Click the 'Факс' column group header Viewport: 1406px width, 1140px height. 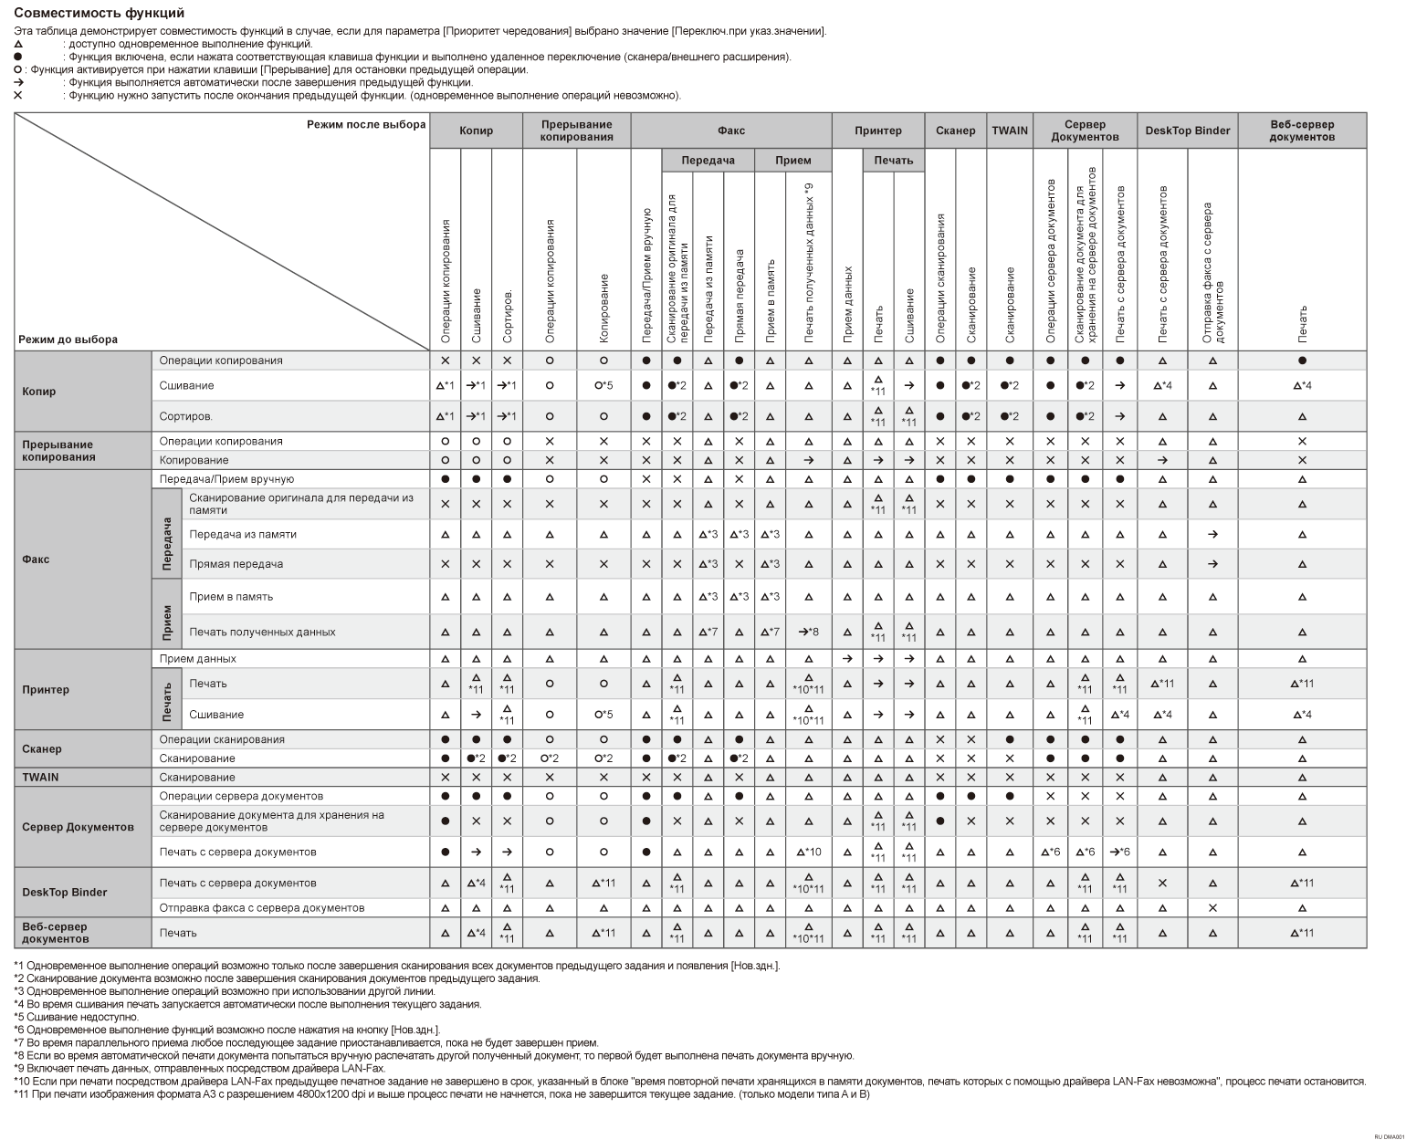click(x=730, y=131)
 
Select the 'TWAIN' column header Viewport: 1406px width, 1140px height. click(x=1010, y=131)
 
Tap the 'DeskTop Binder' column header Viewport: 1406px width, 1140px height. click(x=1187, y=131)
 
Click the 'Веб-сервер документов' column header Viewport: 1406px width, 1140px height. click(x=1302, y=131)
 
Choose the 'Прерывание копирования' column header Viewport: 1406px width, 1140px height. click(x=576, y=131)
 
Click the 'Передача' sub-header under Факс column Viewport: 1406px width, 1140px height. click(x=708, y=161)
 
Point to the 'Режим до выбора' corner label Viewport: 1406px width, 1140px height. click(x=68, y=340)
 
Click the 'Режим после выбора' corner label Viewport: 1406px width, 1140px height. click(x=366, y=124)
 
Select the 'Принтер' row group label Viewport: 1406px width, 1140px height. click(x=46, y=689)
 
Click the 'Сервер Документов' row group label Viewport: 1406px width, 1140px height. click(x=78, y=827)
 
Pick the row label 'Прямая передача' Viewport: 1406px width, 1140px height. click(x=236, y=564)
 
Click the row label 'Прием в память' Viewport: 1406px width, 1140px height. click(x=231, y=597)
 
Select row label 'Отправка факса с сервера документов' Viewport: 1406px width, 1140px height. click(x=261, y=908)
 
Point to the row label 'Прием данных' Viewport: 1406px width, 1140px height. click(x=197, y=659)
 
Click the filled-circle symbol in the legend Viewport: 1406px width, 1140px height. click(x=18, y=57)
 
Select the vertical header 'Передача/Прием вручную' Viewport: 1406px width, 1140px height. click(x=646, y=274)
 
